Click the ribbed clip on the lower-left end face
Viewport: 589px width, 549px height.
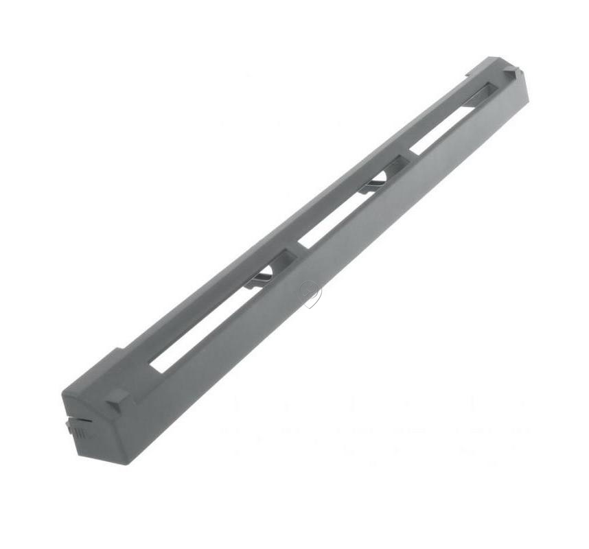(76, 430)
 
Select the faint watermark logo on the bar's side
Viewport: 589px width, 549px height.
(310, 294)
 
